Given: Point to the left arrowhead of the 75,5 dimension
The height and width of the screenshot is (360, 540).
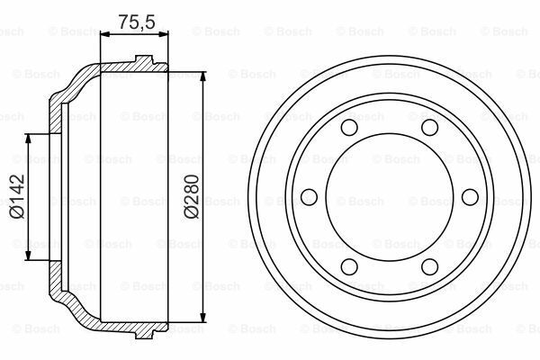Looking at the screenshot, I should pos(103,34).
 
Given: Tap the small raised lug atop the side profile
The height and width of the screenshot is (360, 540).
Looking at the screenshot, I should pos(141,62).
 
